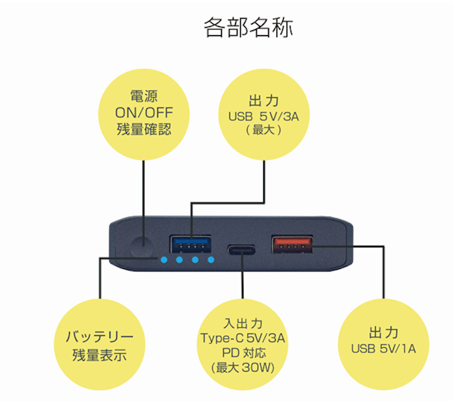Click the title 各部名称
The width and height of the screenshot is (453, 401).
tap(248, 28)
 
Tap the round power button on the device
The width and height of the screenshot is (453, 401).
tap(142, 246)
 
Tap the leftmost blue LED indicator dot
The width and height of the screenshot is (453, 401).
tap(164, 261)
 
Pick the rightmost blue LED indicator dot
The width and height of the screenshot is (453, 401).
tap(211, 261)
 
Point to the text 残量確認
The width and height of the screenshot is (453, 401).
tap(144, 128)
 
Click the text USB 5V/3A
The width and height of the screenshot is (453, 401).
tap(263, 117)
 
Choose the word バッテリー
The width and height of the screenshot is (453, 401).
tap(100, 337)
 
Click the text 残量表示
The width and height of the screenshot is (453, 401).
tap(100, 354)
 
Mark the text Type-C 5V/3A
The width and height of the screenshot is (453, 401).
tap(243, 338)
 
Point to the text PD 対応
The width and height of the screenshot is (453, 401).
tap(243, 354)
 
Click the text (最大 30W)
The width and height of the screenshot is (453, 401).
tap(243, 369)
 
